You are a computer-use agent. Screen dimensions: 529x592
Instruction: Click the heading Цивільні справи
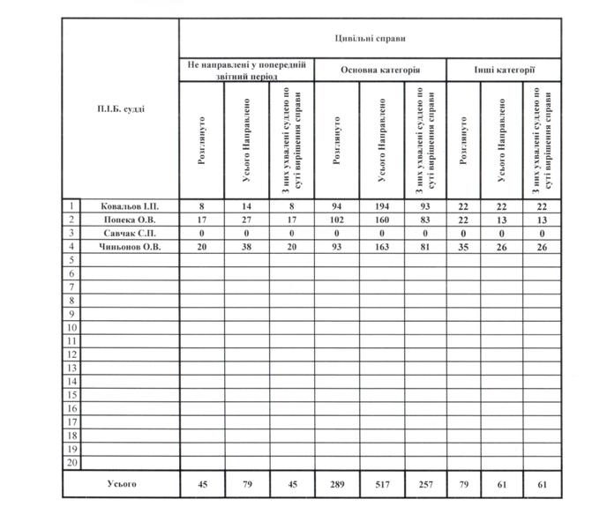pos(370,39)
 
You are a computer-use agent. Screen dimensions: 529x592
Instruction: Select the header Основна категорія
pos(380,69)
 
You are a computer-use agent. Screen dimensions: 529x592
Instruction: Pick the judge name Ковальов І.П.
pos(129,205)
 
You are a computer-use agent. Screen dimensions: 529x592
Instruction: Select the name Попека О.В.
pos(129,219)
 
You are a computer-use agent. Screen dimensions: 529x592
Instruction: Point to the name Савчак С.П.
pos(129,233)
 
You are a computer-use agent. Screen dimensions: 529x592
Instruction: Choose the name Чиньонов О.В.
pos(129,247)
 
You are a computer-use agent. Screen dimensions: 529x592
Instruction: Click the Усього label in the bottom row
pos(122,483)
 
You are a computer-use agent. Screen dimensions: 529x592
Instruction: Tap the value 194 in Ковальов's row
pos(381,205)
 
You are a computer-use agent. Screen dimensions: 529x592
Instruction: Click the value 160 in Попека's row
pos(381,220)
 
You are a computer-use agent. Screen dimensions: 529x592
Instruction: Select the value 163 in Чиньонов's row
pos(381,248)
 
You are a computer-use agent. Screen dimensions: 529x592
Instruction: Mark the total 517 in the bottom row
pos(381,484)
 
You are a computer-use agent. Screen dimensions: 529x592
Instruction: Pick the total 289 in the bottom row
pos(336,484)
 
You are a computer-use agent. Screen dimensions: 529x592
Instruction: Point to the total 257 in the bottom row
pos(425,484)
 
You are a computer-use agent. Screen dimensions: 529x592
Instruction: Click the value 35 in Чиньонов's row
pos(464,248)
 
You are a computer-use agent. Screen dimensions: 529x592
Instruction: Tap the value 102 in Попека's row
pos(336,220)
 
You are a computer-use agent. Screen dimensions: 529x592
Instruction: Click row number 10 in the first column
pos(71,328)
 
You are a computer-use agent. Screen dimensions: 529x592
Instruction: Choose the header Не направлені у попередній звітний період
pos(246,70)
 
